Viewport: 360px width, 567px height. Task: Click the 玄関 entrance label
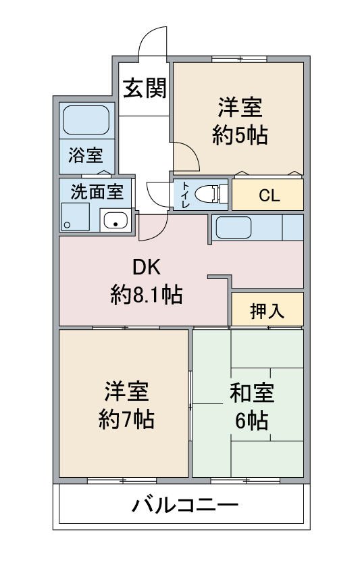(145, 88)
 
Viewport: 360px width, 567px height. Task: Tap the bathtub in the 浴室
(86, 120)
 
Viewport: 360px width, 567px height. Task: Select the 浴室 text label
(86, 155)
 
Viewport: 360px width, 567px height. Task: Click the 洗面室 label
(97, 192)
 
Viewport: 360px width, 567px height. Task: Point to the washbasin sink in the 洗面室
(115, 220)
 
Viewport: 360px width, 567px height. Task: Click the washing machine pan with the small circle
(75, 217)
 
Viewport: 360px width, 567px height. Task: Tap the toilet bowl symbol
(208, 194)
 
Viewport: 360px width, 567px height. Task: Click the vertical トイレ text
(186, 195)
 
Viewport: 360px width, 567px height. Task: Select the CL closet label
(269, 195)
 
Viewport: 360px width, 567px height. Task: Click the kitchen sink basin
(234, 228)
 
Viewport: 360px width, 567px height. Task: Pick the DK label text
(147, 268)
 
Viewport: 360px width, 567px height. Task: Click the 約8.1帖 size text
(147, 295)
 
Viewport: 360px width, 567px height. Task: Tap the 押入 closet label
(267, 311)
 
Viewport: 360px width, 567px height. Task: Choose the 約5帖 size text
(240, 135)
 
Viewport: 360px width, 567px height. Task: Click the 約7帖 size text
(126, 420)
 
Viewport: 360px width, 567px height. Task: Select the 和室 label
(252, 393)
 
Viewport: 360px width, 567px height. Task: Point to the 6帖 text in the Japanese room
(252, 420)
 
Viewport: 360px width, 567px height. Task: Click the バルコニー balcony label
(184, 505)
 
